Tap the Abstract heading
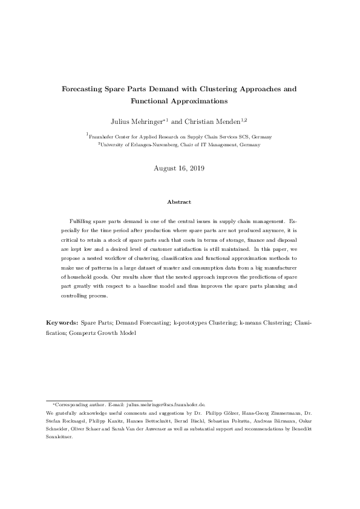click(x=180, y=201)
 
